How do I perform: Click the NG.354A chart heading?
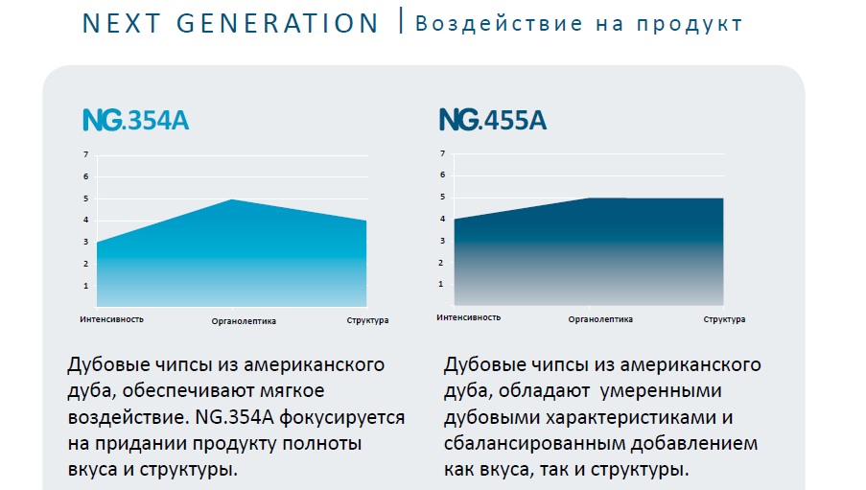pos(136,120)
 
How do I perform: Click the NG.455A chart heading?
pos(493,119)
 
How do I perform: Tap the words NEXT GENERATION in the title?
pos(230,23)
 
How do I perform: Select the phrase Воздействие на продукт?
pos(578,24)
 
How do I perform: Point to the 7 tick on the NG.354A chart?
pos(85,154)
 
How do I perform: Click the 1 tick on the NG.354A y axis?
pos(85,286)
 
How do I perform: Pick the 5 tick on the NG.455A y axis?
pos(442,197)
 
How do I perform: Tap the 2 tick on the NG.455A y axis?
pos(441,263)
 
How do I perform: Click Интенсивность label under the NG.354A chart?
pos(111,319)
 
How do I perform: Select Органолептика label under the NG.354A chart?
pos(244,321)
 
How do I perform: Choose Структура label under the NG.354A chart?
pos(367,320)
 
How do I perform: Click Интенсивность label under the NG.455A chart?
pos(468,317)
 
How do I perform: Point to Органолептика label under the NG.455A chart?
pos(600,319)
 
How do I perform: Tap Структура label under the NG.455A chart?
pos(724,319)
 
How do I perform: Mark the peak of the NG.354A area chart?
pos(232,199)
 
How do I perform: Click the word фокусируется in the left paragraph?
pos(341,418)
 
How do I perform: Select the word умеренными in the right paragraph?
pos(661,391)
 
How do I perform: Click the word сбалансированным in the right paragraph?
pos(534,444)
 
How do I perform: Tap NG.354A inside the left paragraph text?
pos(234,417)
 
